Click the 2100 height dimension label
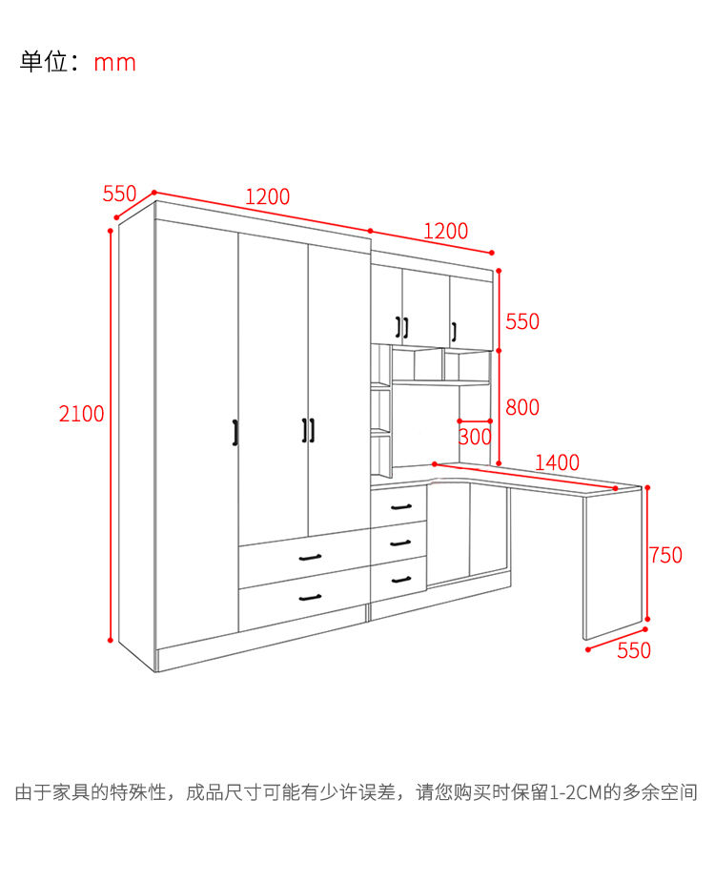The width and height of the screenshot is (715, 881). [81, 414]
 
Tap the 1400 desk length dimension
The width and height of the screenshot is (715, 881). [557, 462]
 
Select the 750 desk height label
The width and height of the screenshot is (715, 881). [665, 555]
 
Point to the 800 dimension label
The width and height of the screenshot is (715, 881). [521, 407]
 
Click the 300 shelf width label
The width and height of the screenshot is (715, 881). [475, 438]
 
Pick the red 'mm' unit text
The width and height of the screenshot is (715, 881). [114, 63]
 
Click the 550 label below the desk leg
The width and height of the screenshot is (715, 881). [634, 651]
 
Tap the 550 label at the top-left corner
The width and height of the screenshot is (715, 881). [119, 194]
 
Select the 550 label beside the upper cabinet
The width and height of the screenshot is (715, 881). [521, 321]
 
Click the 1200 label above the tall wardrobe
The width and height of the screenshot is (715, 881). [267, 197]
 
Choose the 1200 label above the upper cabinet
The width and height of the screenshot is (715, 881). [445, 231]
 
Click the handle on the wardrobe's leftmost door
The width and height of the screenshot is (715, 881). [235, 431]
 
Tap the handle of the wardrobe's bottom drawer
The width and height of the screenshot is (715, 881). [311, 598]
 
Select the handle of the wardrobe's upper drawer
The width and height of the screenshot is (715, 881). [311, 558]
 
